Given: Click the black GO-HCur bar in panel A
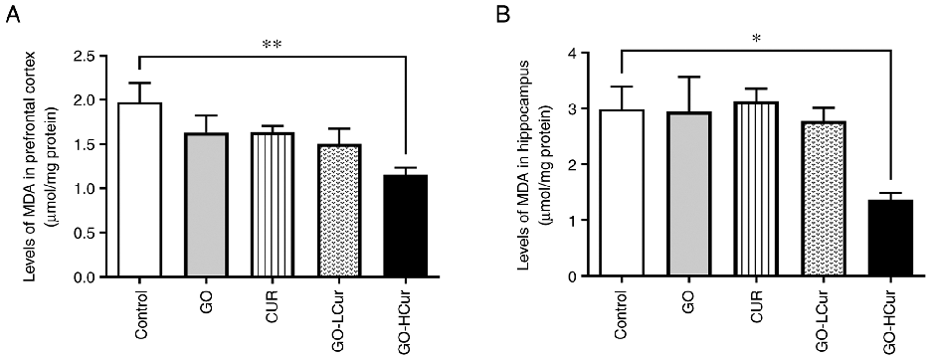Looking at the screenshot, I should click(407, 226).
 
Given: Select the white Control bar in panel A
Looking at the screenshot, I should click(139, 189).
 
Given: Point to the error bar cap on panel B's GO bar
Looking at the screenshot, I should click(688, 77).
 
